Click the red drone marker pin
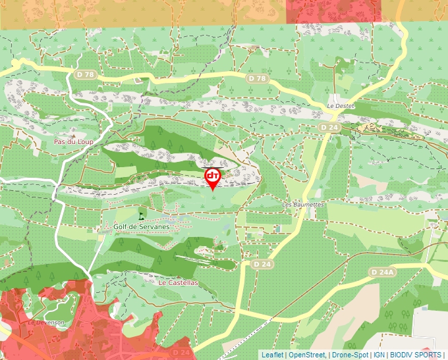213,177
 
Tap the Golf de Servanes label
142,226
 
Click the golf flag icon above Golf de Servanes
141,214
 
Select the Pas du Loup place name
73,141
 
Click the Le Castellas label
178,282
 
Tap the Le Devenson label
45,322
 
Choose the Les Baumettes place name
303,205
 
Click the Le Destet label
341,105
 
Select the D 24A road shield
381,272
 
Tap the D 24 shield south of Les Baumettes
262,264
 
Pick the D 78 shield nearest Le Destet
259,78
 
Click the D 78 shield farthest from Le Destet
85,74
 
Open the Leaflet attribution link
272,355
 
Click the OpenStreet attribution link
307,355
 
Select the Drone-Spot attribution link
350,355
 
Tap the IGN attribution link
379,355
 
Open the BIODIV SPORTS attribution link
416,355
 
